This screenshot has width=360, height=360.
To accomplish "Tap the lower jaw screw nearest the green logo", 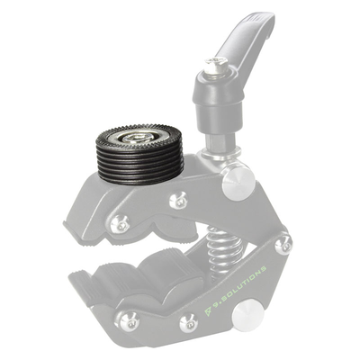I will (188, 321).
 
